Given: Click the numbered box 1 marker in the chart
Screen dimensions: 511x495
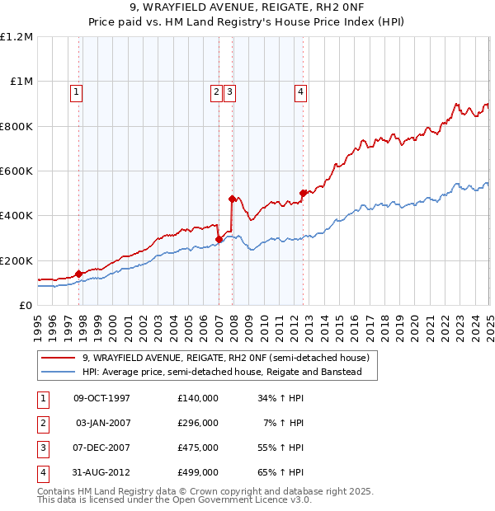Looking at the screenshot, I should coord(76,92).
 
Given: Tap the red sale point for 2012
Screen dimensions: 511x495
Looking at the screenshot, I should coord(304,193).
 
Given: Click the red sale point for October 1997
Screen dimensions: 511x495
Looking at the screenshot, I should coord(79,274).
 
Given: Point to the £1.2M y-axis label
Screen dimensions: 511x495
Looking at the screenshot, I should coord(16,37).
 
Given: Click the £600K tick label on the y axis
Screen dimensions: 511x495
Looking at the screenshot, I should coord(16,171).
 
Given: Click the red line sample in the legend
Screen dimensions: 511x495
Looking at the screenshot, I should coord(59,359).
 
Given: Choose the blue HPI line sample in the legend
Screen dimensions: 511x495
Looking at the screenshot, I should coord(59,372).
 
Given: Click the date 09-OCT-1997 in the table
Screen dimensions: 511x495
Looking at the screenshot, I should coord(101,399).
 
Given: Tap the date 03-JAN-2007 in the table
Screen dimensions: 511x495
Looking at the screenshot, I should coord(101,424).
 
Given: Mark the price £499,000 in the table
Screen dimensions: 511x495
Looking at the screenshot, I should coord(198,472).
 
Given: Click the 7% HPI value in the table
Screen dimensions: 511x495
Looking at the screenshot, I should coord(285,424).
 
